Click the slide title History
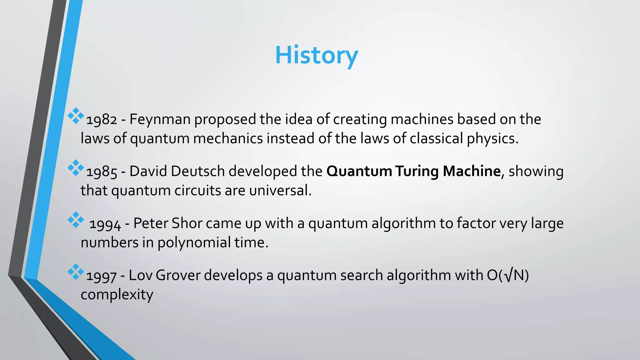(316, 55)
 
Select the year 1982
(101, 120)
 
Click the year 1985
(101, 172)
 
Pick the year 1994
(105, 224)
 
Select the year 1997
(101, 276)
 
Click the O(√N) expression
(507, 275)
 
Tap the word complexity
(117, 295)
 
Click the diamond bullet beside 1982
(76, 116)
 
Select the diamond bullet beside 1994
(76, 220)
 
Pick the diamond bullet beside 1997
(76, 272)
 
